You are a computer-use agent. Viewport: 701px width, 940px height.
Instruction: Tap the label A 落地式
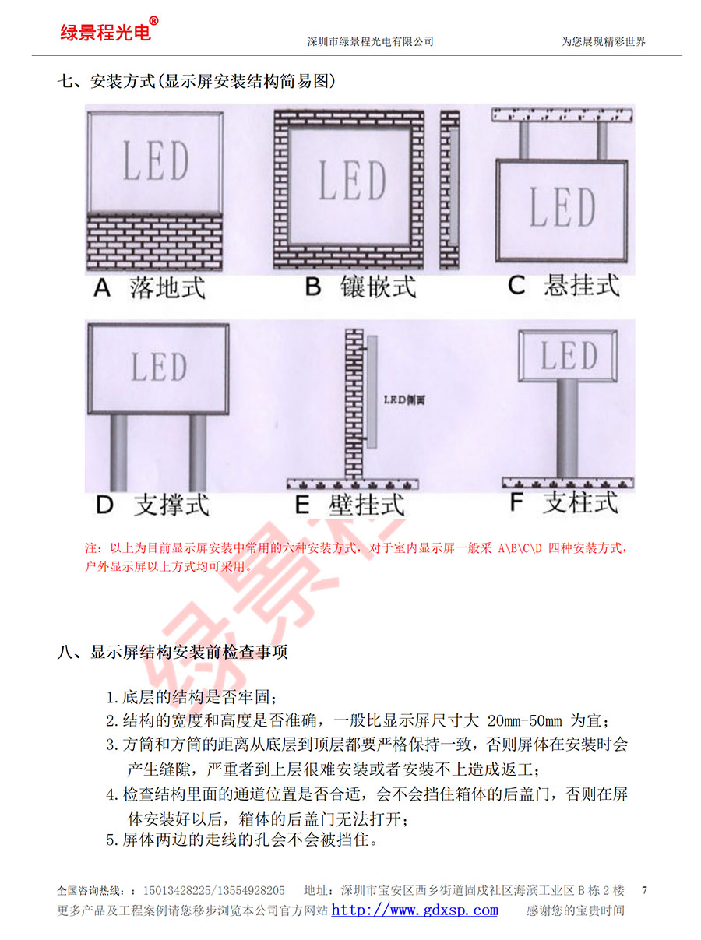[x=150, y=287]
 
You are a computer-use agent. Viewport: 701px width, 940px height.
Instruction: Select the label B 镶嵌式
[x=360, y=287]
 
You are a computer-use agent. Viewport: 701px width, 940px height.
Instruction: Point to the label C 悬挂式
[x=563, y=285]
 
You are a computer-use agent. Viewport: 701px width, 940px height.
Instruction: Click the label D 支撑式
[x=153, y=505]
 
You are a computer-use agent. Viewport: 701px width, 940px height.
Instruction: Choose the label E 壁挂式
[x=350, y=505]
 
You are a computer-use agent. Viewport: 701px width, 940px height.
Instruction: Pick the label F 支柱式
[x=564, y=502]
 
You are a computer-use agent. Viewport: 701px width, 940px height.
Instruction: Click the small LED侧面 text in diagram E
[x=404, y=400]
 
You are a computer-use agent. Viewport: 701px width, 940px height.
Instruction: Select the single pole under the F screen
[x=568, y=429]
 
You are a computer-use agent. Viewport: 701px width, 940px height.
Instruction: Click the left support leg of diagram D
[x=118, y=452]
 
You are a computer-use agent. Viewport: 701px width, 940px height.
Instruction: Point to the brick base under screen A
[x=155, y=242]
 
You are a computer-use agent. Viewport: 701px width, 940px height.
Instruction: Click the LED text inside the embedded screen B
[x=352, y=181]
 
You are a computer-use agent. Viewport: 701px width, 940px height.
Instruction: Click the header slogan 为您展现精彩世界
[x=604, y=41]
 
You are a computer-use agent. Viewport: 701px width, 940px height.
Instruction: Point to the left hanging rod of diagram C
[x=523, y=140]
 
